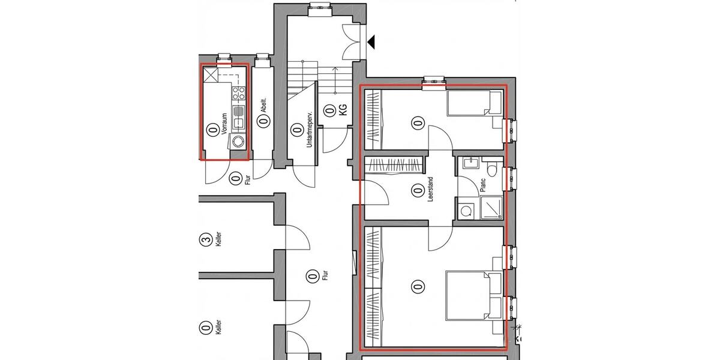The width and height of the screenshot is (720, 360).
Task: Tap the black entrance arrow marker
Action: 371,42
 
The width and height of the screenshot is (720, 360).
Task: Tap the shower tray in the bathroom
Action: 492,208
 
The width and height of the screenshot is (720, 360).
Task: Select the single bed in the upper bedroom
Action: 475,103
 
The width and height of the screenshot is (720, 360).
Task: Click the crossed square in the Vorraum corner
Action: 211,75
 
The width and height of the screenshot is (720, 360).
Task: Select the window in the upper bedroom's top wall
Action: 433,81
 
